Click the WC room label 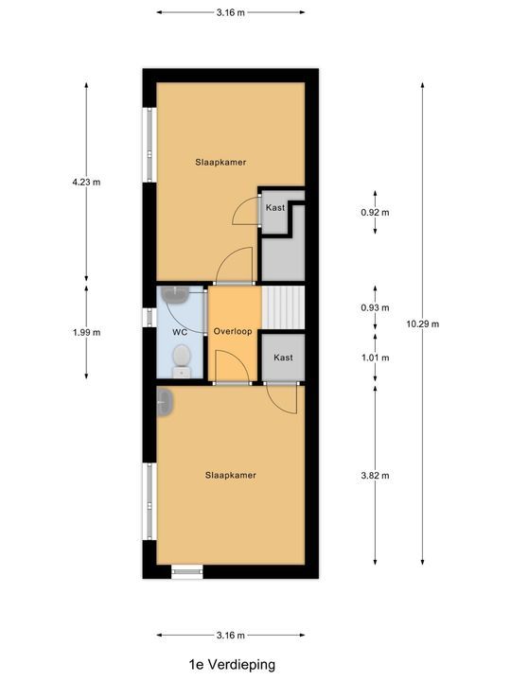pyautogui.click(x=180, y=332)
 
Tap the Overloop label pyautogui.click(x=233, y=331)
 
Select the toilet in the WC pyautogui.click(x=182, y=361)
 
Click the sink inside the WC pyautogui.click(x=175, y=295)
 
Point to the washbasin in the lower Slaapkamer pyautogui.click(x=165, y=402)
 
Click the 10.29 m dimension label pyautogui.click(x=422, y=323)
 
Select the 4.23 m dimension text pyautogui.click(x=86, y=182)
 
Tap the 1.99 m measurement pyautogui.click(x=86, y=332)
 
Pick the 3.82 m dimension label pyautogui.click(x=375, y=476)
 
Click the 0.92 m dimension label pyautogui.click(x=375, y=213)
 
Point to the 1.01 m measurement pyautogui.click(x=375, y=358)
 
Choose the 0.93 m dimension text pyautogui.click(x=375, y=307)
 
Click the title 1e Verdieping pyautogui.click(x=232, y=665)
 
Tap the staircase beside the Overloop pyautogui.click(x=283, y=307)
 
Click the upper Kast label pyautogui.click(x=275, y=207)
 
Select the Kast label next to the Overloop pyautogui.click(x=283, y=358)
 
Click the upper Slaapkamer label pyautogui.click(x=220, y=162)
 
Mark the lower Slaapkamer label pyautogui.click(x=231, y=475)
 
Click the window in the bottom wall pyautogui.click(x=187, y=571)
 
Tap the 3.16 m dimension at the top pyautogui.click(x=231, y=12)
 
